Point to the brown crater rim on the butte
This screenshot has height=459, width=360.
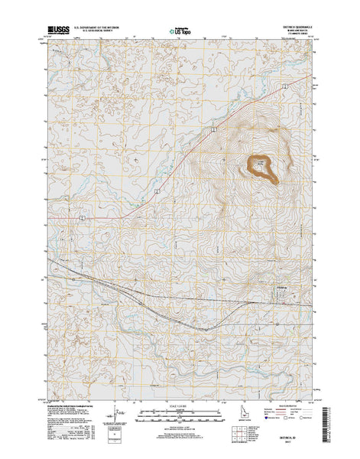tap(261, 168)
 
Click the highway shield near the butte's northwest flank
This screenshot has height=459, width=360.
tap(216, 130)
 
